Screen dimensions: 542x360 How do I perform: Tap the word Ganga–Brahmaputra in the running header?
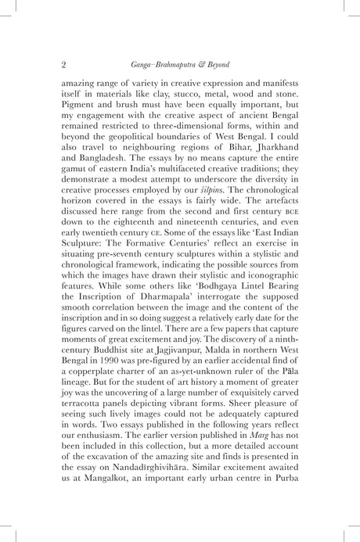point(164,63)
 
